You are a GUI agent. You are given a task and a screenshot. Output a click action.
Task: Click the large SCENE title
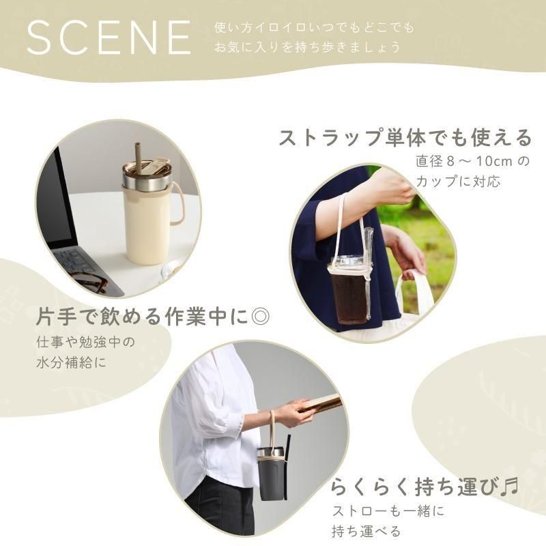[x=109, y=38]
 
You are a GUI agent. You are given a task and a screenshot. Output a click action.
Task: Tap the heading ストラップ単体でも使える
[x=405, y=138]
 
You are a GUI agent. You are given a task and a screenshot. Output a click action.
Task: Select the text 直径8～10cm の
[x=472, y=162]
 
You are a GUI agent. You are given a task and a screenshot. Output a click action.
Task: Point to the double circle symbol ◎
[x=260, y=317]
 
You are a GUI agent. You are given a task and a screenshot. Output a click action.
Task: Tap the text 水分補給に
[x=72, y=363]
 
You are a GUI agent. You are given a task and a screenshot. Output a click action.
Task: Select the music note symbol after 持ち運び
[x=509, y=487]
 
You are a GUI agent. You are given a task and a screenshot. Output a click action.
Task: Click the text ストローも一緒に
[x=388, y=511]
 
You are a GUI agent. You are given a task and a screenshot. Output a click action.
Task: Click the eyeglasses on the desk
[x=89, y=283]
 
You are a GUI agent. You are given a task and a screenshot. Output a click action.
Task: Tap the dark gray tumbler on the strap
[x=272, y=474]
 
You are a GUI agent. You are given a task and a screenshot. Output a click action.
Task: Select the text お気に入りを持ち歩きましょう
[x=307, y=47]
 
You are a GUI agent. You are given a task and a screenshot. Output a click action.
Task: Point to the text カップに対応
[x=458, y=182]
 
